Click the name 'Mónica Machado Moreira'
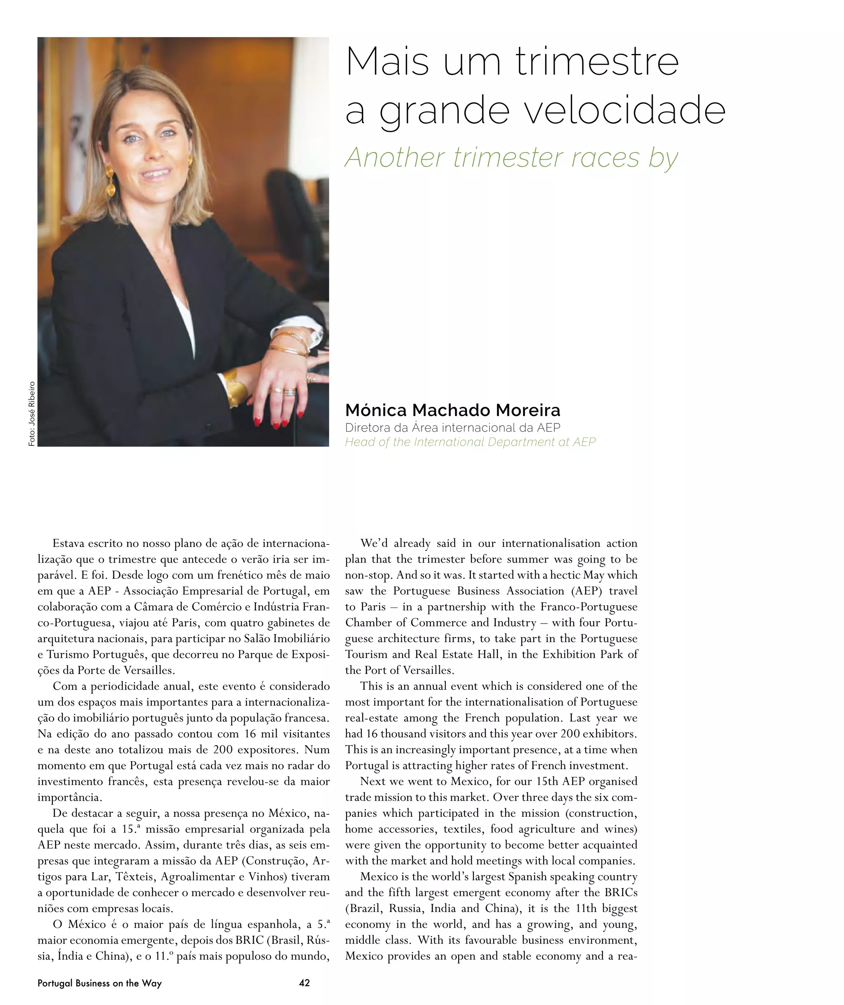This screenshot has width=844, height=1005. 452,410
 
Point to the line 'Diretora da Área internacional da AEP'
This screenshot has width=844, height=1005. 452,428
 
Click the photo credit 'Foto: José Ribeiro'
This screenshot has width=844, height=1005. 32,414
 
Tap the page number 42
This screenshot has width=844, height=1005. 304,983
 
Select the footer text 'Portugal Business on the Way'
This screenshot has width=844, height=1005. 100,983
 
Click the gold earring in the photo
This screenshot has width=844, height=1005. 110,180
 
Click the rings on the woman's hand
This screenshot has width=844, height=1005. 285,392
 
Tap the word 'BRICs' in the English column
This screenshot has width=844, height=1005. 621,892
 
